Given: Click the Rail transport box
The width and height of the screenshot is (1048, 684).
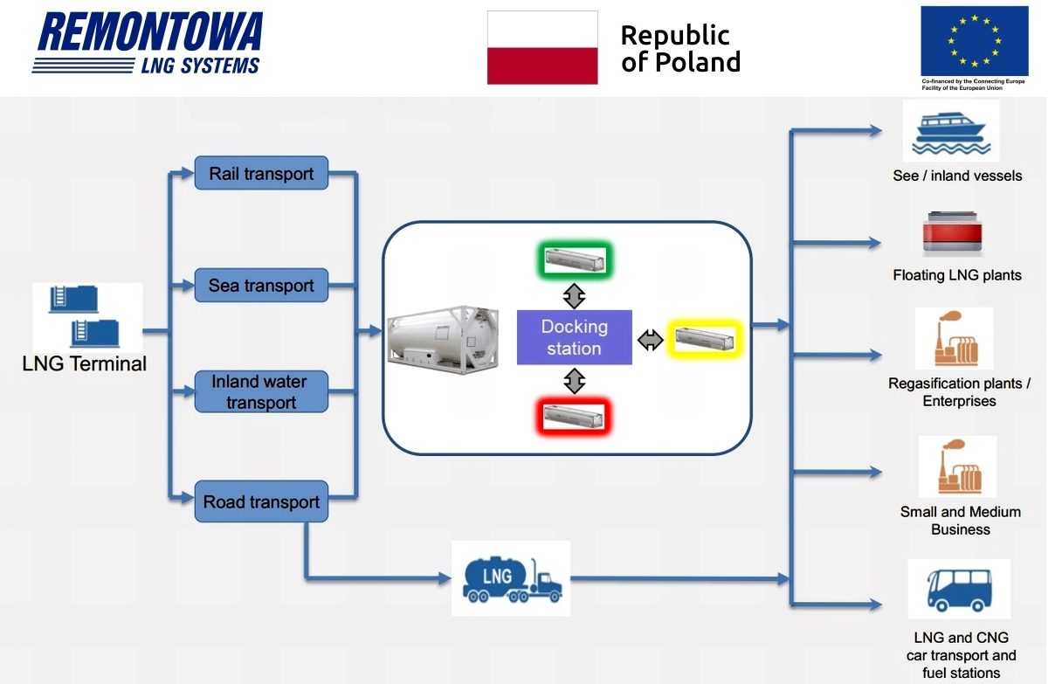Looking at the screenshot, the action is (261, 173).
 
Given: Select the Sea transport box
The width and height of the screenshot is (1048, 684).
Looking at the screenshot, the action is (261, 285).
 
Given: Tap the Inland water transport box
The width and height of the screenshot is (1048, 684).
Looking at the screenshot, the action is (261, 391).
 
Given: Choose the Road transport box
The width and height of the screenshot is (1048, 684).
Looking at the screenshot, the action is (261, 501).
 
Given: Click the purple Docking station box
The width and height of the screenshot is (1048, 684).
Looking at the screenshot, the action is (574, 337).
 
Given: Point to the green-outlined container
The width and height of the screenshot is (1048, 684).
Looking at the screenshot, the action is (575, 260).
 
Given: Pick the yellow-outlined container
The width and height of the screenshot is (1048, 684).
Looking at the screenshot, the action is (705, 339).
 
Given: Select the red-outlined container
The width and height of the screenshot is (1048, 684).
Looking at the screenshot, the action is (574, 417).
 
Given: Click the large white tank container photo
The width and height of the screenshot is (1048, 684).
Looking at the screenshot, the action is (443, 340).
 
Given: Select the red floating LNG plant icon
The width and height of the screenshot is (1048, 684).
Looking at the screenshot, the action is (952, 233).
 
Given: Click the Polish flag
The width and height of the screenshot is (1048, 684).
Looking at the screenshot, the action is (542, 48).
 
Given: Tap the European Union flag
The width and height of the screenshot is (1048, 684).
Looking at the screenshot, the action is (975, 41).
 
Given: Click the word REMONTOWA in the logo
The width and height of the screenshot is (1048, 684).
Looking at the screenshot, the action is (149, 31).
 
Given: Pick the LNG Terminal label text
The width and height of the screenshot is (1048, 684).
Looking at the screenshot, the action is (84, 363).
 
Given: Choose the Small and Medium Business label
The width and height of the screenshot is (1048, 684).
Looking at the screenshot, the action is (961, 521).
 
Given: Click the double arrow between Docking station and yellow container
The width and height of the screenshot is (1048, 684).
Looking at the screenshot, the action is (651, 340).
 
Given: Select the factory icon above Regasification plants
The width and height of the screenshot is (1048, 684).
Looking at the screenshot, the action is (955, 338).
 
